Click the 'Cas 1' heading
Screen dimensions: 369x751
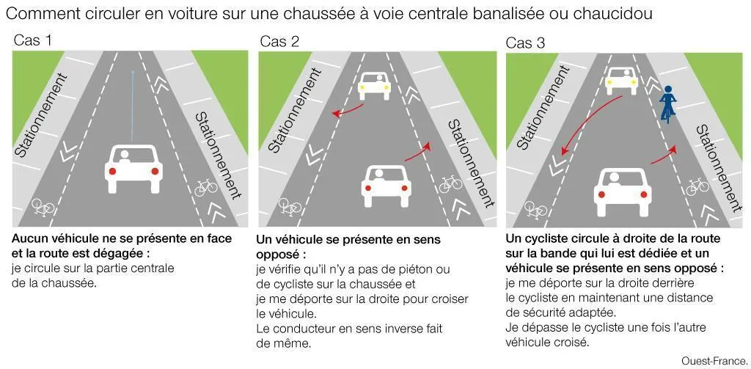(x=33, y=40)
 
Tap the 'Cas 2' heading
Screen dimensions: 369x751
(x=279, y=41)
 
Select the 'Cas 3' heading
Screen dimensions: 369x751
(x=525, y=43)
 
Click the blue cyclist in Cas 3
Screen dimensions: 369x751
(x=667, y=103)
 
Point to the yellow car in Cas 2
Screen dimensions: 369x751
(x=374, y=85)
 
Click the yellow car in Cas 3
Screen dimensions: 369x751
(x=621, y=79)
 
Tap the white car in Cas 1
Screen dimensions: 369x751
(x=133, y=167)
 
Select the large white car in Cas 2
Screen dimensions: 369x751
(x=384, y=185)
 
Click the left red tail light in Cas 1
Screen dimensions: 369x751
(x=113, y=172)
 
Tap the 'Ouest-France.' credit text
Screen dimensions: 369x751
(x=712, y=360)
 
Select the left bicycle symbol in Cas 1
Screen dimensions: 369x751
(x=43, y=207)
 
